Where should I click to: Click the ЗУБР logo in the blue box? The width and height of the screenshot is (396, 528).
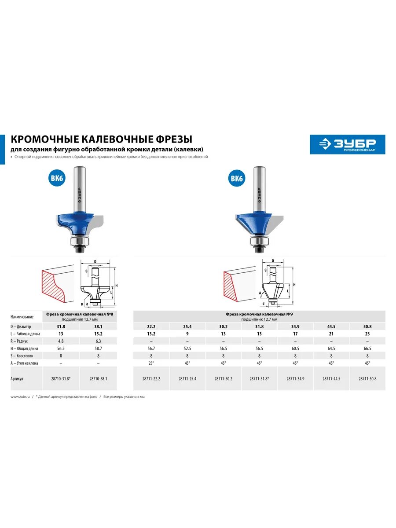(x=347, y=144)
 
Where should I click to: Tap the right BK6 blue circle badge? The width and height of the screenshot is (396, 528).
(x=237, y=179)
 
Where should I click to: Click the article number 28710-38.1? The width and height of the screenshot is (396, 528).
(x=98, y=378)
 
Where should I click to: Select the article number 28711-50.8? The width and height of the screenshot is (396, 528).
(x=367, y=378)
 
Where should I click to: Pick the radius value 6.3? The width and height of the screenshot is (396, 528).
(x=98, y=341)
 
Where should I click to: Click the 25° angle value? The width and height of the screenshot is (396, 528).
(x=151, y=363)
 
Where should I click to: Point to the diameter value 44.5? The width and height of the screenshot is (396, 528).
(x=331, y=326)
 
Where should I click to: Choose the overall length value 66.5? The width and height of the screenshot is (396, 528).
(x=367, y=348)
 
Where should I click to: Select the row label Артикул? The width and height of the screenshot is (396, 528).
(x=17, y=378)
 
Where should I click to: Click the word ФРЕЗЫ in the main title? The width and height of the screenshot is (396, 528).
(x=175, y=139)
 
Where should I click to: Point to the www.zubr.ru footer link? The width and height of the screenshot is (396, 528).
(x=19, y=396)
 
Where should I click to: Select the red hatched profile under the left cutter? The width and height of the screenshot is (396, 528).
(x=54, y=286)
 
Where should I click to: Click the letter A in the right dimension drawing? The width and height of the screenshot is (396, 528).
(x=260, y=292)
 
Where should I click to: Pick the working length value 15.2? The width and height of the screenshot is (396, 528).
(x=98, y=334)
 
